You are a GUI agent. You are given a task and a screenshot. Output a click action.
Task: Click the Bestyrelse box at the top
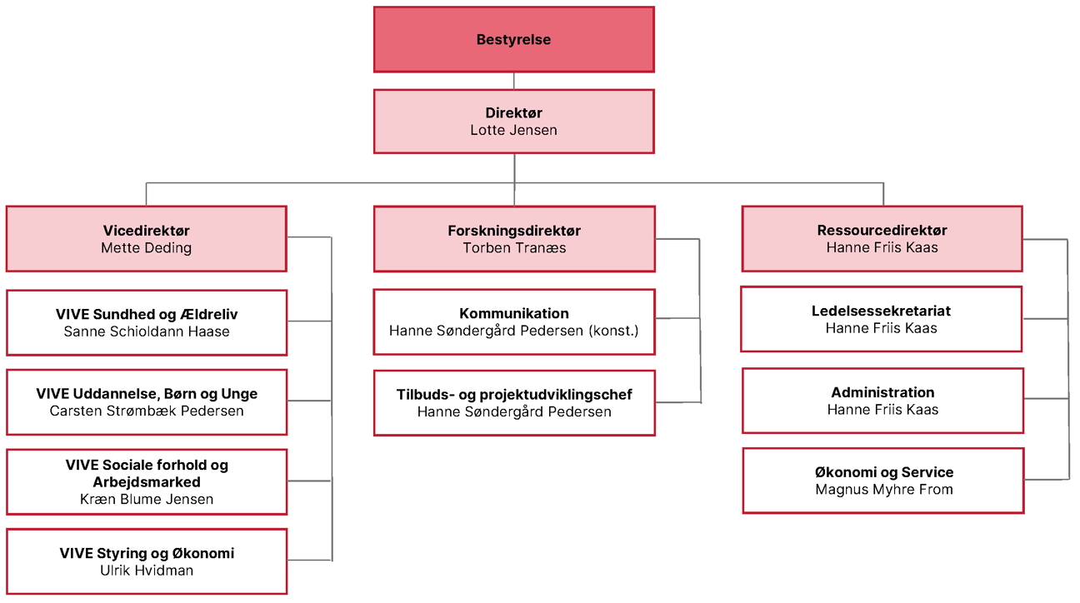[x=514, y=39]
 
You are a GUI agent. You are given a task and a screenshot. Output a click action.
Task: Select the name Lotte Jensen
[x=514, y=130]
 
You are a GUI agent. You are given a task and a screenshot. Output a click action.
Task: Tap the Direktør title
[x=514, y=112]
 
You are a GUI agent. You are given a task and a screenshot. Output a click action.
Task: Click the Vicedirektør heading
[x=147, y=231]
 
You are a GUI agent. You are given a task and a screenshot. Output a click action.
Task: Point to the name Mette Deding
[x=147, y=247]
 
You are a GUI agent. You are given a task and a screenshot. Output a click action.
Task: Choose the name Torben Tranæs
[x=514, y=247]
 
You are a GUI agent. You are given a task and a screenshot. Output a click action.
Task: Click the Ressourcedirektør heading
[x=882, y=231]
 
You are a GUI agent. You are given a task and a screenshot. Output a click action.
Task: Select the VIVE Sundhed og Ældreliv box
[x=147, y=323]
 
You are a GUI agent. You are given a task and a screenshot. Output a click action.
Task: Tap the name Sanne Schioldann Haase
[x=147, y=331]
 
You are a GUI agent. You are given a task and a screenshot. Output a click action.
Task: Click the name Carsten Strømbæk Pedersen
[x=147, y=411]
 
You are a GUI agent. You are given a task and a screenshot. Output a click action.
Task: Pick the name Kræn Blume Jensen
[x=147, y=500]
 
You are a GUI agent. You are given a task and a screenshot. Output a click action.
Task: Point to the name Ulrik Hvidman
[x=147, y=571]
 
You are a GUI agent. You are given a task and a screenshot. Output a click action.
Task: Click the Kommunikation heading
[x=514, y=314]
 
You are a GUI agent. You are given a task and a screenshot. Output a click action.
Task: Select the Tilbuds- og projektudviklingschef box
[x=514, y=403]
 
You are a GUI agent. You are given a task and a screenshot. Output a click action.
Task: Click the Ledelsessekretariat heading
[x=882, y=311]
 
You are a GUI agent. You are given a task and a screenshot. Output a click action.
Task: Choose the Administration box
[x=882, y=401]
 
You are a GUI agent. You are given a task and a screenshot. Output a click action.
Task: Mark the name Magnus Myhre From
[x=884, y=490]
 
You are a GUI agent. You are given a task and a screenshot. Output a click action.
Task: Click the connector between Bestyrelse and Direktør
[x=514, y=81]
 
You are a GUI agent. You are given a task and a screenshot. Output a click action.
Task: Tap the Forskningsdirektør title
[x=514, y=231]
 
